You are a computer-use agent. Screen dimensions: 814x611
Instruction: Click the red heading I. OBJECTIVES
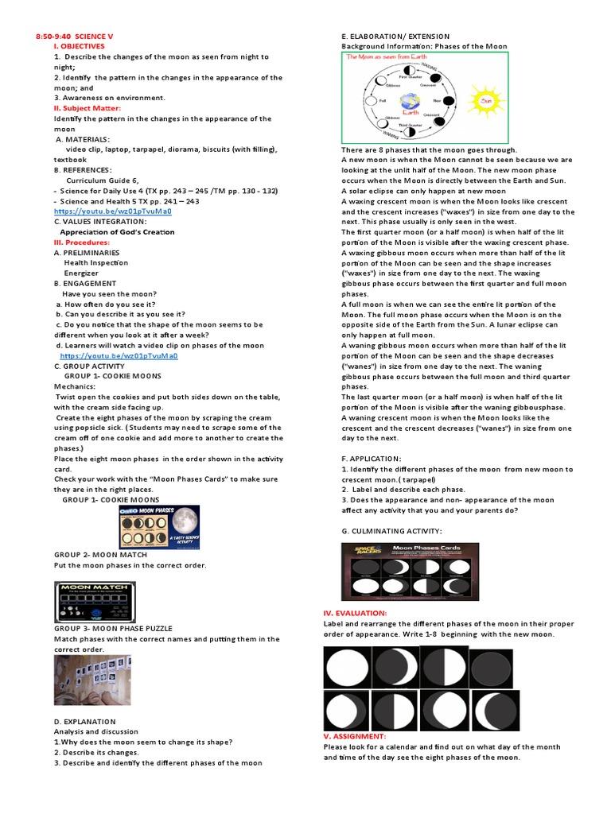(x=79, y=47)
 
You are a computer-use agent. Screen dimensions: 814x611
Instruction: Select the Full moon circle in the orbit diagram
(x=369, y=102)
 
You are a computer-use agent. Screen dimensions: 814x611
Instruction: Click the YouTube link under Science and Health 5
(x=113, y=211)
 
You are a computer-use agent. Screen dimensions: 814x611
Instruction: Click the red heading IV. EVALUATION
(x=355, y=613)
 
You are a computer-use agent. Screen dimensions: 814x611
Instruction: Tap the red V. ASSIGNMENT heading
(x=355, y=736)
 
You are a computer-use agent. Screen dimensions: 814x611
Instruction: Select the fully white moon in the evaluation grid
(x=348, y=667)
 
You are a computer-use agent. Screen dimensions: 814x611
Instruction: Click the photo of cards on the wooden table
(x=92, y=680)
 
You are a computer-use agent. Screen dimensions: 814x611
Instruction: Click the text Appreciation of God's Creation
(x=117, y=232)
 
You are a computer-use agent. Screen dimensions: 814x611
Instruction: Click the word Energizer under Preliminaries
(x=81, y=273)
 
